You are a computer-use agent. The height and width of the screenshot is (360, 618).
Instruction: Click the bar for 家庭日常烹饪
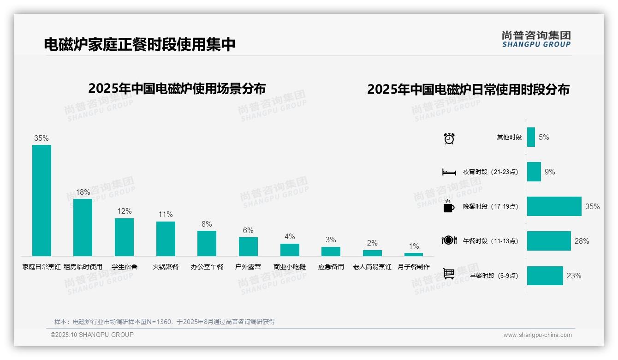coord(42,200)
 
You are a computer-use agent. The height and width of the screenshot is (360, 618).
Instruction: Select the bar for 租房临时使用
coord(83,227)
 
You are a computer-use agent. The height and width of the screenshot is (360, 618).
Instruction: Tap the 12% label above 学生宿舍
coord(124,211)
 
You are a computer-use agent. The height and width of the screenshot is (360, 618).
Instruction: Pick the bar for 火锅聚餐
coord(166,239)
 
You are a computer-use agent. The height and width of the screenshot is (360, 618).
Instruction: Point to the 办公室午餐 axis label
coord(207,267)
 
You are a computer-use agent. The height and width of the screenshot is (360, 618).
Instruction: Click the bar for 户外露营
coord(248,246)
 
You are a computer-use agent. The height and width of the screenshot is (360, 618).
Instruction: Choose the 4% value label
coord(290,236)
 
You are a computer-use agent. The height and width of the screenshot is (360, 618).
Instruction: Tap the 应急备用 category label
coord(331,267)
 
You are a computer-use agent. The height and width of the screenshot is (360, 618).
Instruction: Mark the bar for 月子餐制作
coord(413,254)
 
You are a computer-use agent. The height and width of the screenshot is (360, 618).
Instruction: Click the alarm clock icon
coord(449,138)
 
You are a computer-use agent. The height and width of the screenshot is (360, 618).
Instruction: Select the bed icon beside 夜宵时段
coord(449,172)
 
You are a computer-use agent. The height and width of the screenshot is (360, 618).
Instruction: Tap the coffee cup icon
coord(449,206)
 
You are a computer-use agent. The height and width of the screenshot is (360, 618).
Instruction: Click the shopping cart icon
coord(449,274)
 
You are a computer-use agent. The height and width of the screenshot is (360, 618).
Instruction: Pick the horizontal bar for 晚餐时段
coord(554,206)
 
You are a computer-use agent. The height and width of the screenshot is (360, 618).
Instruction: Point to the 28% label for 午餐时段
coord(582,241)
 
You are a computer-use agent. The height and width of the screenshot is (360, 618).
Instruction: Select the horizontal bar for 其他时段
coord(531,137)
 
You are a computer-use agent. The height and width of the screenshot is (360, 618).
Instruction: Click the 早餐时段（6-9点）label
coord(494,276)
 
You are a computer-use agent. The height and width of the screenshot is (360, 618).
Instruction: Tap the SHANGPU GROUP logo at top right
coord(536,39)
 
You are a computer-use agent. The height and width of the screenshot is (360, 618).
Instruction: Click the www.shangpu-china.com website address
coord(537,335)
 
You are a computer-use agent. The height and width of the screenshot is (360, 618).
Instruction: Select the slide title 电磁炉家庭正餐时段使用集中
coord(140,44)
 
